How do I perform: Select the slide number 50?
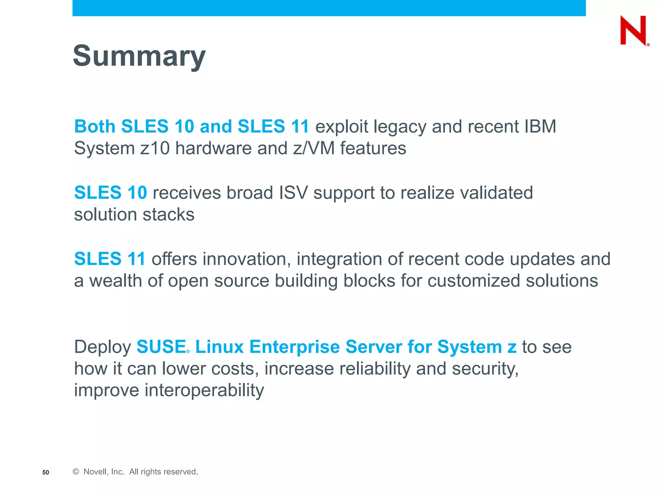[46, 472]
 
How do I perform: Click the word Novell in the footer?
[95, 472]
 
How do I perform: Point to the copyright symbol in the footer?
[76, 472]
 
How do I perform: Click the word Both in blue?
[95, 126]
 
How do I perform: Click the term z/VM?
[314, 148]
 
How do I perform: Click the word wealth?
[116, 281]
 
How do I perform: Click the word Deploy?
[102, 347]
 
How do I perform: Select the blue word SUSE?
[161, 347]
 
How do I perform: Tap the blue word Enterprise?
[294, 347]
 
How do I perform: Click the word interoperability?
[204, 390]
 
